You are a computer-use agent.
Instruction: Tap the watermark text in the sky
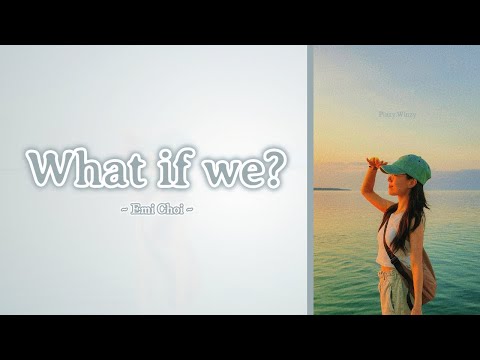397,115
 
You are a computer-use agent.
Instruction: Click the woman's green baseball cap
408,167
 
